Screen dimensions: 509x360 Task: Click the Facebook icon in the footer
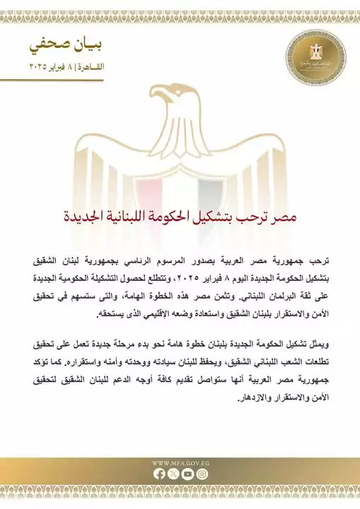tap(158, 474)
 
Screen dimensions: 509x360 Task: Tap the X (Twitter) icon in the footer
tap(173, 474)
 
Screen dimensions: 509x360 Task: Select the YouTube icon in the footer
tap(187, 474)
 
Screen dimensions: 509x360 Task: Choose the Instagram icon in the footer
tap(202, 474)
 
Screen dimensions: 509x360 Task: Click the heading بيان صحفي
tap(69, 45)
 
